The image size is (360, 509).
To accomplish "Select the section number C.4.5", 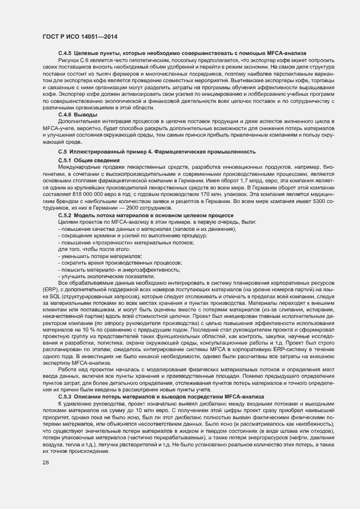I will click(65, 52).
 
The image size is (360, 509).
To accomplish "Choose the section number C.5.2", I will click(65, 216).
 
